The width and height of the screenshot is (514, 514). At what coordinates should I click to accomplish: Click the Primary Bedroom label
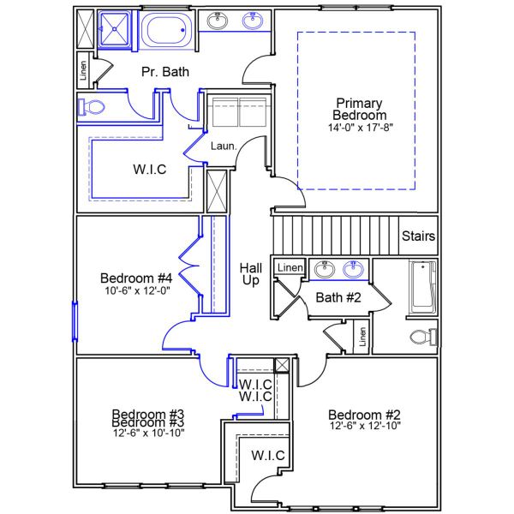pyautogui.click(x=361, y=108)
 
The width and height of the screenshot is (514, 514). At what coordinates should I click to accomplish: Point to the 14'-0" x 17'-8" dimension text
pyautogui.click(x=361, y=127)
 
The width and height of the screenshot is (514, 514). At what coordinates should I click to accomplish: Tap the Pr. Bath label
pyautogui.click(x=165, y=72)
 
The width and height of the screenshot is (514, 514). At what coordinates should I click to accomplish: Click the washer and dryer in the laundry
pyautogui.click(x=239, y=113)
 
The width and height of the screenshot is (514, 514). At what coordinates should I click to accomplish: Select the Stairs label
pyautogui.click(x=418, y=236)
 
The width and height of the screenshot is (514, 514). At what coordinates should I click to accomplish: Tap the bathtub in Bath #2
pyautogui.click(x=423, y=287)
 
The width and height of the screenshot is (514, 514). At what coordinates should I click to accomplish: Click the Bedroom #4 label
pyautogui.click(x=137, y=278)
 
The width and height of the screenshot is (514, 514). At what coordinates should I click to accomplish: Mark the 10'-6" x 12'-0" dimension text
pyautogui.click(x=137, y=290)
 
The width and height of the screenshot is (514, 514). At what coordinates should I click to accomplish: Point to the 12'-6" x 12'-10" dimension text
pyautogui.click(x=365, y=425)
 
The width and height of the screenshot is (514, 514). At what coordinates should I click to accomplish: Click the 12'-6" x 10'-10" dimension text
pyautogui.click(x=149, y=433)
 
